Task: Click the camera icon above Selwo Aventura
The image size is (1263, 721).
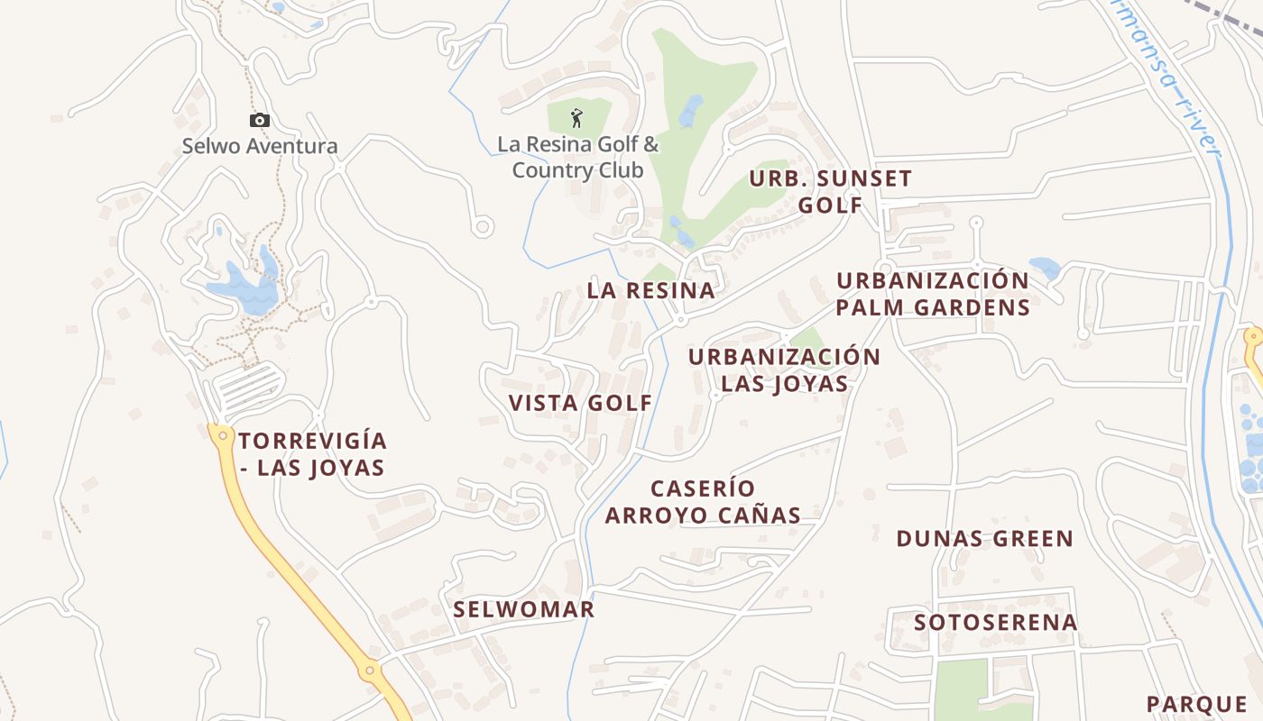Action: (260, 120)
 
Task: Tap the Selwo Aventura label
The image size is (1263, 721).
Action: (260, 146)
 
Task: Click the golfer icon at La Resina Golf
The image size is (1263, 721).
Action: (577, 117)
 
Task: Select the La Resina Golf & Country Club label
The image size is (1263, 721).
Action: (578, 157)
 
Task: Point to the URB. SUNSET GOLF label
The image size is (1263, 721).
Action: (830, 191)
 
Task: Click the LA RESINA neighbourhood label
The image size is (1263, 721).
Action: (650, 290)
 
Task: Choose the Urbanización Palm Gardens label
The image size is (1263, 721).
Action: (933, 294)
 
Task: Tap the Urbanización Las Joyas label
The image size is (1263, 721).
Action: (784, 370)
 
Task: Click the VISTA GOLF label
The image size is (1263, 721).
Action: (580, 403)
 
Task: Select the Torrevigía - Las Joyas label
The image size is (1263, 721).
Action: (312, 454)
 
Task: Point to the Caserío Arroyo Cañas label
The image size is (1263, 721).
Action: (703, 502)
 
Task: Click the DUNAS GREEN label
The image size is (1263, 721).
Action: (984, 539)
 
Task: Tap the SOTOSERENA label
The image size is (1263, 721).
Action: (995, 623)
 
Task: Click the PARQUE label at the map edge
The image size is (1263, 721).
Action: (1196, 704)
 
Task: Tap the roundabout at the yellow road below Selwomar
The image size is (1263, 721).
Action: (369, 671)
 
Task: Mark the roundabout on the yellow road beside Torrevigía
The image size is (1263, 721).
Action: (222, 435)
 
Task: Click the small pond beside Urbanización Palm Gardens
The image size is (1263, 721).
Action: (1045, 267)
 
